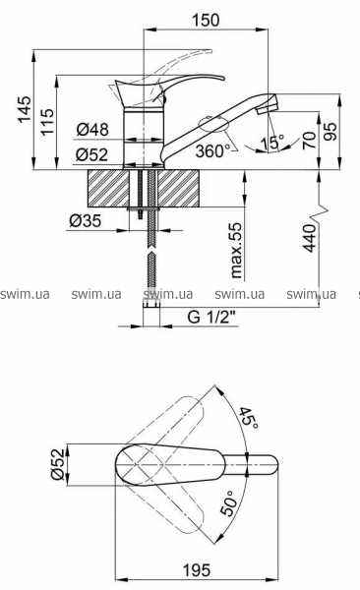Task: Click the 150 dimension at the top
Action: click(x=206, y=20)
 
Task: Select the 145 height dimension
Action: click(x=25, y=109)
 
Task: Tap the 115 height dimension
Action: click(x=47, y=122)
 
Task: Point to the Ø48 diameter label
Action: click(x=92, y=130)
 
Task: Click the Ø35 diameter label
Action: click(x=86, y=221)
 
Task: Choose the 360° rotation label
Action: click(x=210, y=150)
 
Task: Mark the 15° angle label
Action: click(x=271, y=143)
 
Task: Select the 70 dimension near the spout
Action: click(x=309, y=140)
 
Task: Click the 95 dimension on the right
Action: click(x=331, y=131)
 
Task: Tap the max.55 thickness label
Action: click(x=236, y=250)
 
